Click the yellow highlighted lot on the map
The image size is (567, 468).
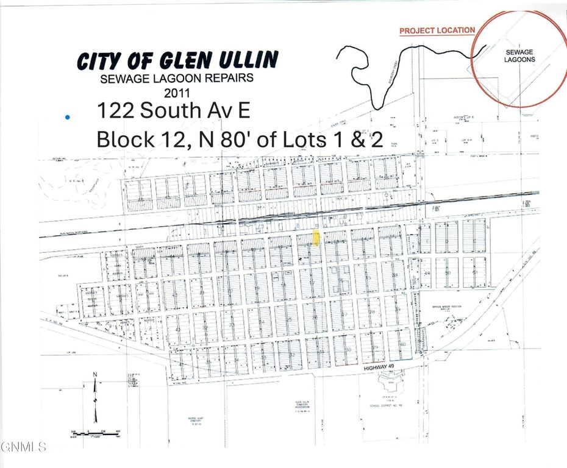(316, 238)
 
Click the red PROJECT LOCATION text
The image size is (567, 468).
(437, 30)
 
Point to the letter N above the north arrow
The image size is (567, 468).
(94, 375)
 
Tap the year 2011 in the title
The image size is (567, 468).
(177, 93)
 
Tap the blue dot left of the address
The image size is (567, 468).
(67, 116)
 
